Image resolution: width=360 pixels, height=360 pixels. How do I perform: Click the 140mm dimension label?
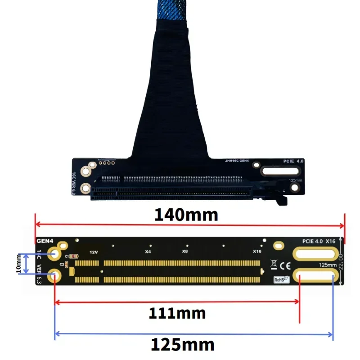coord(186,215)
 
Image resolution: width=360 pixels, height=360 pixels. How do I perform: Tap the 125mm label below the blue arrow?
coord(182,345)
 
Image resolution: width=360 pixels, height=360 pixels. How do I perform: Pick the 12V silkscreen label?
coord(94,252)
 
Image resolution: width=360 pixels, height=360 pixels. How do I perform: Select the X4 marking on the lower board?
coord(148,252)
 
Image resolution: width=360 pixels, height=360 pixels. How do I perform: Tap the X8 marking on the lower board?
coord(184,252)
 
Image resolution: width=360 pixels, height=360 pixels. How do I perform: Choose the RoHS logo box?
coord(281,279)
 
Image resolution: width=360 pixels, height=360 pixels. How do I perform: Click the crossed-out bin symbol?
coord(274,264)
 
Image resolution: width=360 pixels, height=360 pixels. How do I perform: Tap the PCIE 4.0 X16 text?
coord(319,241)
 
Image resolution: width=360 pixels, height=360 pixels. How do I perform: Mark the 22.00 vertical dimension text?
coord(341,261)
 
